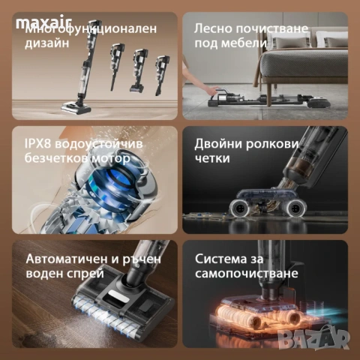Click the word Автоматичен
pyautogui.click(x=65, y=258)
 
